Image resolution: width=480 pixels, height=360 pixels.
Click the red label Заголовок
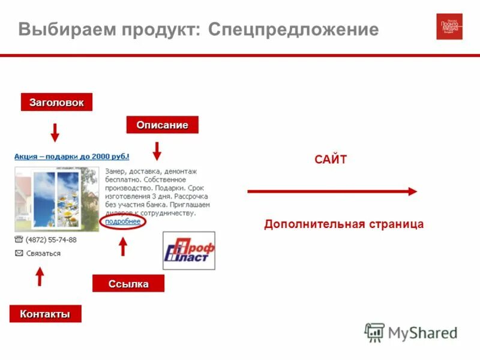pos(57,103)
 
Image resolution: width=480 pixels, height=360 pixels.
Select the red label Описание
pos(162,125)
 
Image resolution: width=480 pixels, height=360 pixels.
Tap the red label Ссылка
pos(128,284)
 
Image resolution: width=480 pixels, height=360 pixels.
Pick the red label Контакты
pos(45,314)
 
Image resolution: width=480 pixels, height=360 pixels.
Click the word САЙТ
pos(331,160)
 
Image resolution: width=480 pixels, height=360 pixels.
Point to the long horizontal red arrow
pos(332,191)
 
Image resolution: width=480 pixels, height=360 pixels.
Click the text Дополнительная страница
pos(344,224)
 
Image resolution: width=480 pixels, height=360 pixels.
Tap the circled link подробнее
pos(122,221)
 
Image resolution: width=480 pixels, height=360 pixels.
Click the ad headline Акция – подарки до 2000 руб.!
pos(71,157)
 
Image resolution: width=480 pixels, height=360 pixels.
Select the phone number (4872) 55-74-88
pos(51,239)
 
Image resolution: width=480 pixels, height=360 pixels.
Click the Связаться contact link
pos(43,253)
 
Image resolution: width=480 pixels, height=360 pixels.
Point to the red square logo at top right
pos(449,26)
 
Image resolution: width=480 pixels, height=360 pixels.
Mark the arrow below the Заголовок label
pos(55,132)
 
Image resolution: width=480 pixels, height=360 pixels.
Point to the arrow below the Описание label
pos(157,151)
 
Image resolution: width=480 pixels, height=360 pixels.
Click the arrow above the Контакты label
pos(40,276)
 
